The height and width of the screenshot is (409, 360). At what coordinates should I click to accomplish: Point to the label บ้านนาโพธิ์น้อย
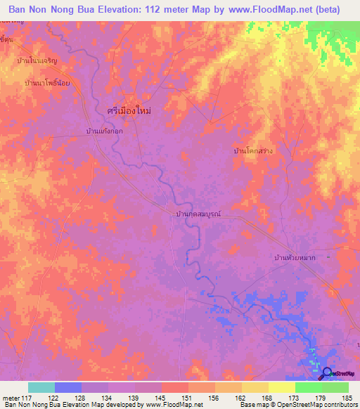(x=46, y=83)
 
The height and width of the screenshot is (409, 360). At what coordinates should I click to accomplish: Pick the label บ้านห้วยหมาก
(x=293, y=259)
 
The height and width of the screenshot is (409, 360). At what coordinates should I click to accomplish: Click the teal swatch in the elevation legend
(x=41, y=387)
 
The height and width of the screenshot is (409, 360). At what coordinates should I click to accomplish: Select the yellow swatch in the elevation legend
(x=282, y=387)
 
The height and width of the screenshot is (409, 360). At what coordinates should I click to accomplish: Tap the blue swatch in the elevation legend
(x=68, y=387)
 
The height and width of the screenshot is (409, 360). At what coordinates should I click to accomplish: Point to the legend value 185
(x=345, y=397)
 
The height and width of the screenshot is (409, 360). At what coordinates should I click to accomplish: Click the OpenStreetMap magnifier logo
(x=326, y=372)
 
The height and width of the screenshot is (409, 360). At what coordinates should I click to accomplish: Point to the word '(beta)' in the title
(x=326, y=10)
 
